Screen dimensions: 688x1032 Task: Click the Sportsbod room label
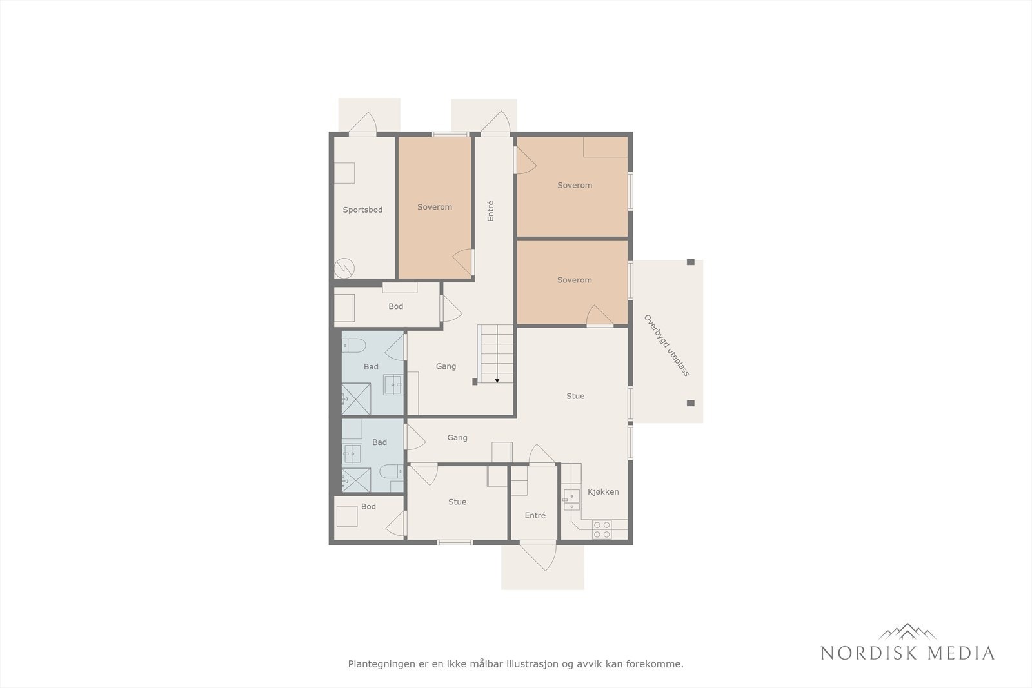[x=362, y=210]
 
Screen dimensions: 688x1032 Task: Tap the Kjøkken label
[x=603, y=492]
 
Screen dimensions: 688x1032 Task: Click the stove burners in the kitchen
[x=602, y=530]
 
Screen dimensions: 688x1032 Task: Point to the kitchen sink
[x=571, y=500]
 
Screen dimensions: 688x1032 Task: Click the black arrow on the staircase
[x=497, y=381]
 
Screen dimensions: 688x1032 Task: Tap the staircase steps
[x=497, y=353]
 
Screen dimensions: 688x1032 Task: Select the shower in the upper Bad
[x=356, y=398]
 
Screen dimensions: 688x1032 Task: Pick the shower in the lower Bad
[x=356, y=480]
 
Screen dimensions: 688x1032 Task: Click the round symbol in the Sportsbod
[x=344, y=268]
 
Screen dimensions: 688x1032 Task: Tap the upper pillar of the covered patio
[x=690, y=262]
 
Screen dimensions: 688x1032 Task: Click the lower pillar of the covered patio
[x=690, y=403]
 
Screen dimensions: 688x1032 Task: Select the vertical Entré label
[x=490, y=211]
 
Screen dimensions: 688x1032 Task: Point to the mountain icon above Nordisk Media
[x=908, y=631]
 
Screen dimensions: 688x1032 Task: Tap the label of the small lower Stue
[x=457, y=502]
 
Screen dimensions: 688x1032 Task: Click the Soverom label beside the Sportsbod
[x=435, y=207]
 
